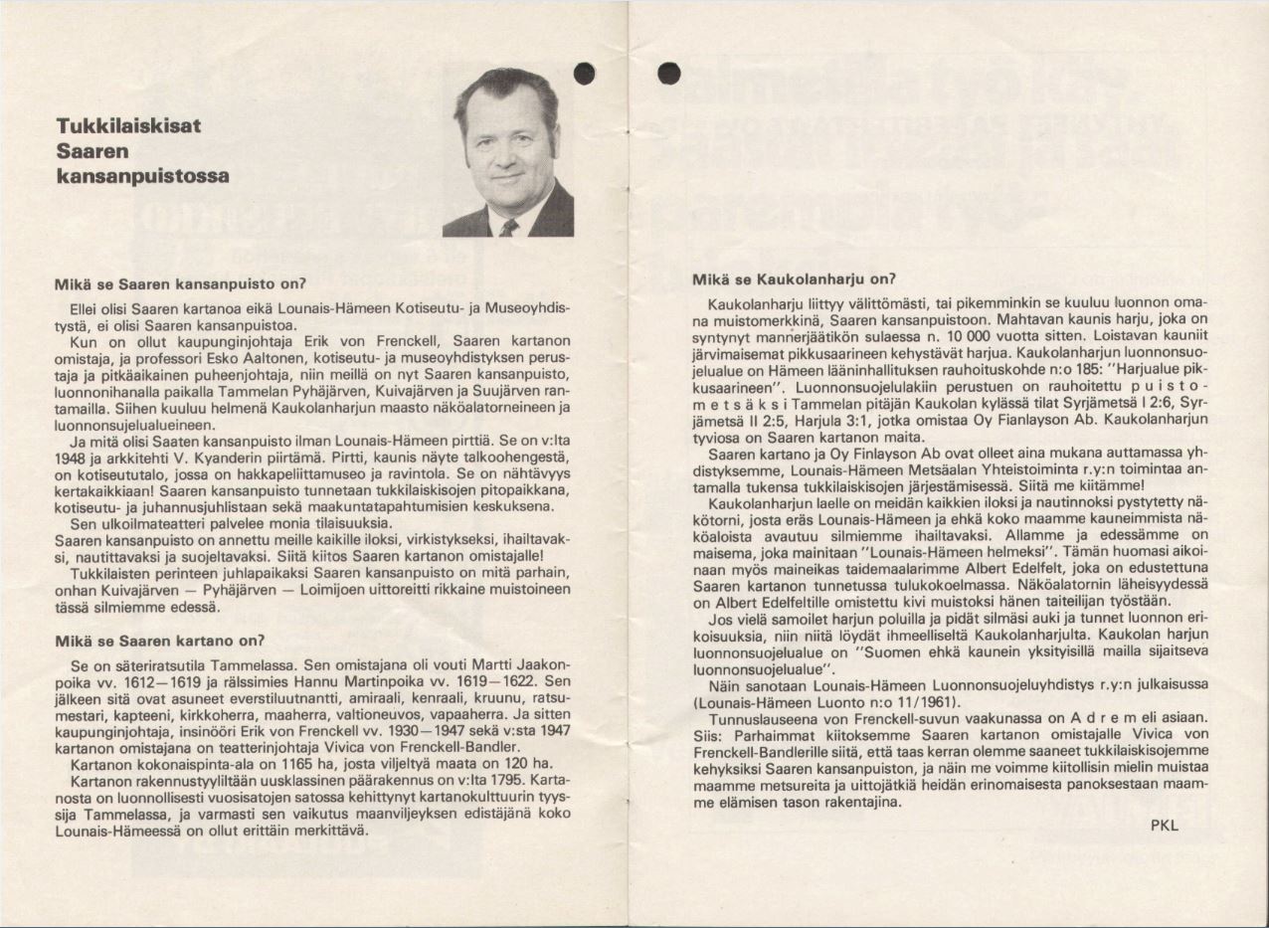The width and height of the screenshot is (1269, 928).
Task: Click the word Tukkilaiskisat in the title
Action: (129, 126)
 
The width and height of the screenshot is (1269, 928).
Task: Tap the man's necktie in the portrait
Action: (508, 228)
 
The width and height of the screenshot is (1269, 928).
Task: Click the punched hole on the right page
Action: (668, 73)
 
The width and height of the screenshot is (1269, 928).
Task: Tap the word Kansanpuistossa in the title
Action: (143, 176)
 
